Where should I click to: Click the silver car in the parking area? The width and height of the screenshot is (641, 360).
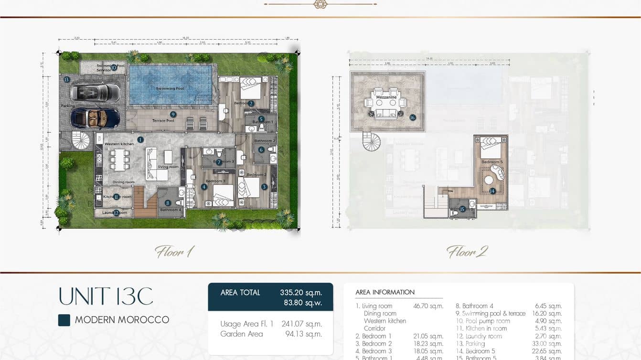95,92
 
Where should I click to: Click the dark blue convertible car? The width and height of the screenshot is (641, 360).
95,117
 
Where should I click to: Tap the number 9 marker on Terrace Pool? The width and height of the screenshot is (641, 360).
173,115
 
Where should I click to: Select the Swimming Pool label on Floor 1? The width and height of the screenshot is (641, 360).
170,89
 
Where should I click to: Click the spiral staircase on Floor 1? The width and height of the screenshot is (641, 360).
80,140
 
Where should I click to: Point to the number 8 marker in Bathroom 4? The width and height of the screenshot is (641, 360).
168,203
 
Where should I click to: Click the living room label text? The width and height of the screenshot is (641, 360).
168,167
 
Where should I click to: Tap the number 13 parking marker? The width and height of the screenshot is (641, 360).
66,80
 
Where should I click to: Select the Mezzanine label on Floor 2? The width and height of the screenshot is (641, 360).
386,97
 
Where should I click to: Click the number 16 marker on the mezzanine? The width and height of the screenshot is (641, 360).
413,117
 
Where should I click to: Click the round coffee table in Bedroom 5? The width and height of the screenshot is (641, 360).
488,180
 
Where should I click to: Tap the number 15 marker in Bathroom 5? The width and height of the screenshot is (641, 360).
462,209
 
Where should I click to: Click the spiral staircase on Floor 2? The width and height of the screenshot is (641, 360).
371,142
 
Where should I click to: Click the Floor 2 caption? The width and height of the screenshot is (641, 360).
467,252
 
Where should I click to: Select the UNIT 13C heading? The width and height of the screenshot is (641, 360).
106,296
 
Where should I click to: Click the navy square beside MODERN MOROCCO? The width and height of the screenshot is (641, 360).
64,320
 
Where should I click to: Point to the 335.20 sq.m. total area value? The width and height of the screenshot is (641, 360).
300,293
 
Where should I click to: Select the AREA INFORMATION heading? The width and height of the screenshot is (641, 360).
385,292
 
